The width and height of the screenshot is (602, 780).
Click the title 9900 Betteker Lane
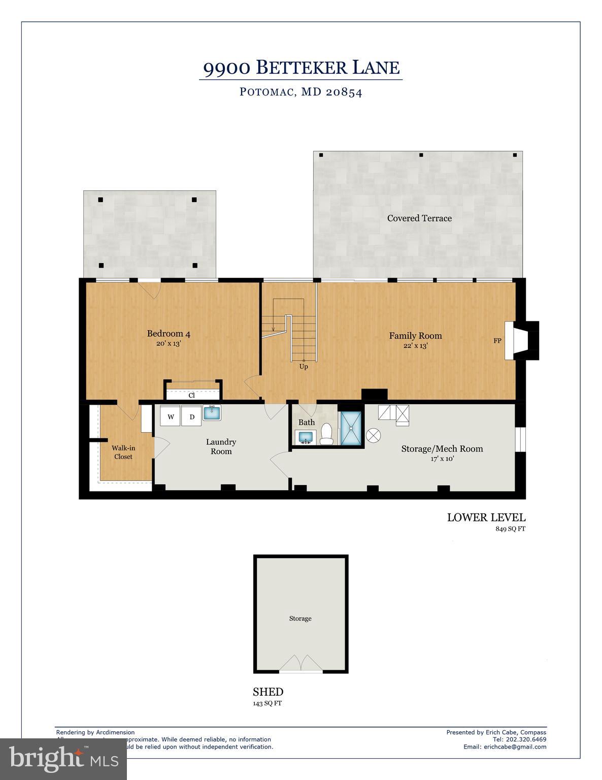(301, 68)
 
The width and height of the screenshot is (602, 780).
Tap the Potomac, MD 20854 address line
(301, 92)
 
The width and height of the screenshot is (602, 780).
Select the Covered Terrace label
(419, 218)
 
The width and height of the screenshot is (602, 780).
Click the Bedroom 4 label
(169, 334)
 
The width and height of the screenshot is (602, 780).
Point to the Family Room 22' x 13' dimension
(415, 346)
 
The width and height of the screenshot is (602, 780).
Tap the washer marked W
(171, 417)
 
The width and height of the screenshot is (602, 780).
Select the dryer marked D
(192, 417)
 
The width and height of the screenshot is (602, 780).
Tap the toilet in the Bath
(326, 435)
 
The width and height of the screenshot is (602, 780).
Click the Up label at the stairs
(304, 367)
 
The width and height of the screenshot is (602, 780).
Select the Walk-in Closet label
(123, 452)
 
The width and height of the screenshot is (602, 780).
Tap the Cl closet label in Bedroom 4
(191, 395)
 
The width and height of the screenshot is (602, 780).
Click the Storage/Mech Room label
(442, 449)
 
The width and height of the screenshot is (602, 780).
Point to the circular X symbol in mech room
(374, 435)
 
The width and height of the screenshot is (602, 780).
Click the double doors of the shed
(302, 663)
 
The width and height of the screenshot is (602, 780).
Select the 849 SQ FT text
(511, 529)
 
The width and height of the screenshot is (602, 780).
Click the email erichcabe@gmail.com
(505, 746)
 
